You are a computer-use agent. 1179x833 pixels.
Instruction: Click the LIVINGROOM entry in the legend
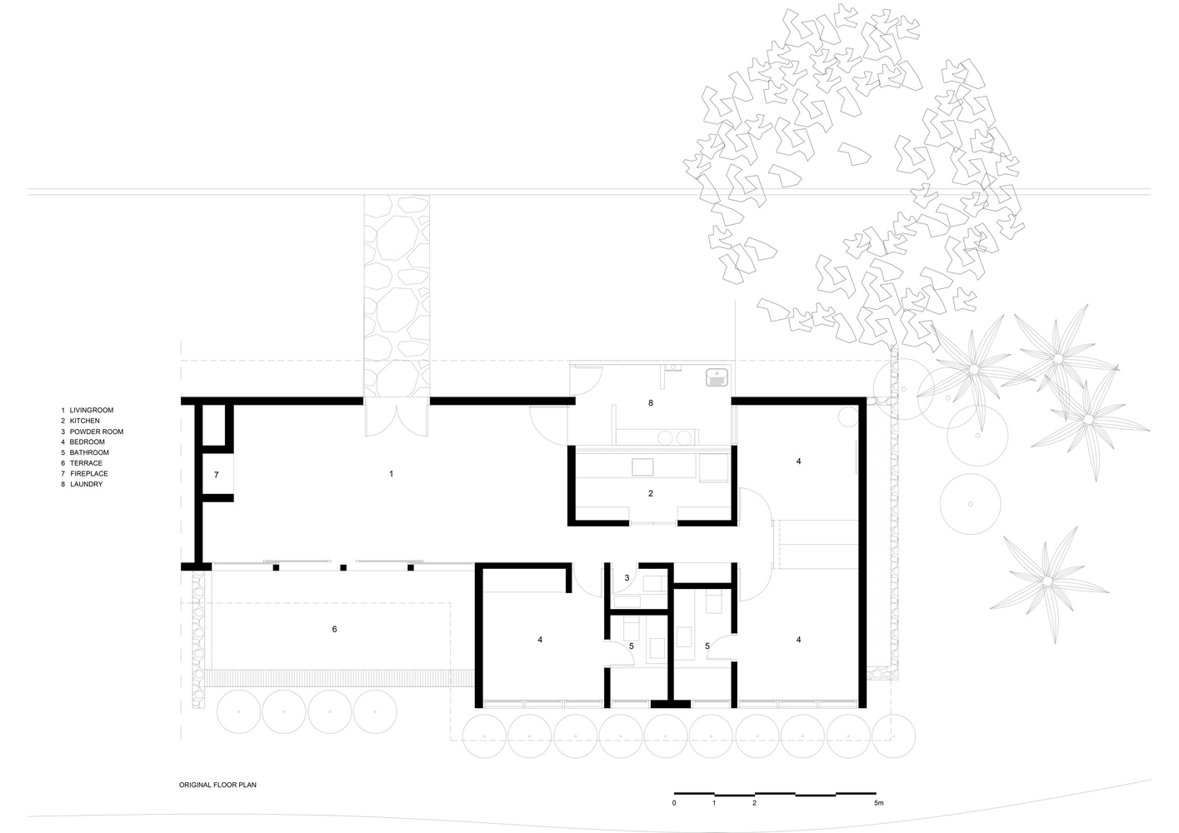pos(87,410)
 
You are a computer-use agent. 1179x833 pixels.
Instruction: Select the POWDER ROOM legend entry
pos(92,431)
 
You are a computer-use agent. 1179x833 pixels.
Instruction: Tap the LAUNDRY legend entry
pos(82,484)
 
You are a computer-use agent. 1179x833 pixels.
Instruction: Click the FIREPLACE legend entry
pos(84,474)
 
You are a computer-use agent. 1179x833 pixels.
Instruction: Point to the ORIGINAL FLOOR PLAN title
pos(217,785)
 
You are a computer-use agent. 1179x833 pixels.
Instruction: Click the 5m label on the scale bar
pos(879,803)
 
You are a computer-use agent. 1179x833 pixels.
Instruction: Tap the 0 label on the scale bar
pos(674,803)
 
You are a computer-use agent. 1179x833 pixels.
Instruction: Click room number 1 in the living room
pos(391,474)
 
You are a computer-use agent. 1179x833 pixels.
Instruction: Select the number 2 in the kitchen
pos(651,494)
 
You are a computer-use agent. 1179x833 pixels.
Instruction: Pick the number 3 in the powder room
pos(627,578)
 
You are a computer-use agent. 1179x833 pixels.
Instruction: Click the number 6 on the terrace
pos(334,629)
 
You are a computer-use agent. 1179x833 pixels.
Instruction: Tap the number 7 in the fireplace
pos(217,475)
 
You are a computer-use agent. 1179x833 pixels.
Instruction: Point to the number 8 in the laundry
pos(651,403)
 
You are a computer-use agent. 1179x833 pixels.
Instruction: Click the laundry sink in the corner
pos(717,377)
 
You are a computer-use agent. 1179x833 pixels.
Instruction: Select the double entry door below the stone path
pos(397,418)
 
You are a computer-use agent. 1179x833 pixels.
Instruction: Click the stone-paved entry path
pos(397,296)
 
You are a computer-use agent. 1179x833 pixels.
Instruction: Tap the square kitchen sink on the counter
pos(642,467)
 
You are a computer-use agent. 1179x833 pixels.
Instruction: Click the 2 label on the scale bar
pos(754,803)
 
